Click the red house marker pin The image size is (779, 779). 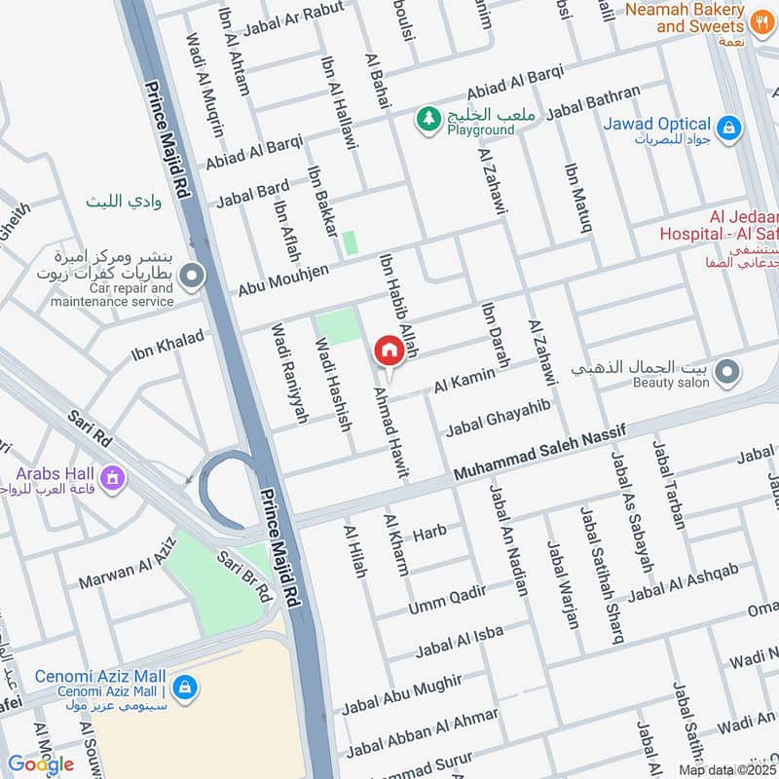click(389, 351)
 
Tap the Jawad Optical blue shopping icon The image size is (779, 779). click(727, 127)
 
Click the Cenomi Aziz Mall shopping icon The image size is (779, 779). click(185, 688)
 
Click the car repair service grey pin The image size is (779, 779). click(193, 277)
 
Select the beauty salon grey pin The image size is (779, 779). click(726, 371)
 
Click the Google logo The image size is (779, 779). click(40, 764)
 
